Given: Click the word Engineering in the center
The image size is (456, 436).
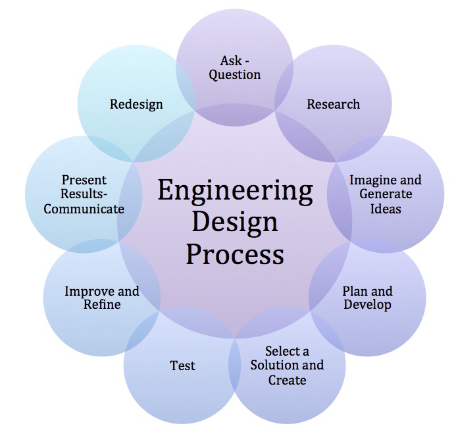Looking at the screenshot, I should point(235,192).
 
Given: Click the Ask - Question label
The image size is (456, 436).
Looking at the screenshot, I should point(235,67).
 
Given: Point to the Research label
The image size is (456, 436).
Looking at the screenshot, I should point(333,104).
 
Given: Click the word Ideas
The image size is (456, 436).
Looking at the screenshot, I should point(385,209).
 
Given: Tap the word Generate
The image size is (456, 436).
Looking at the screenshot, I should point(386,194).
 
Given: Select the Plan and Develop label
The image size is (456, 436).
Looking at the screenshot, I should point(367,298).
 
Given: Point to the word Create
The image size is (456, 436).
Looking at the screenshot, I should point(287,380).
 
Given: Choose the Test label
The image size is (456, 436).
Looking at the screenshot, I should point(182,365).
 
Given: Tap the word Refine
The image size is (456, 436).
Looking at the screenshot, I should point(101,304).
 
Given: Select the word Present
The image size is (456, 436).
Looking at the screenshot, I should point(84,180).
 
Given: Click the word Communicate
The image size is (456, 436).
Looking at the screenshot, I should point(84,209).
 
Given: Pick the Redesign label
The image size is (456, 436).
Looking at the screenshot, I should point(136,104).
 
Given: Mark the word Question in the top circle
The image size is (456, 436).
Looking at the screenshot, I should point(235,74).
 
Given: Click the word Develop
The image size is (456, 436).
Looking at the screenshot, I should point(367,305).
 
